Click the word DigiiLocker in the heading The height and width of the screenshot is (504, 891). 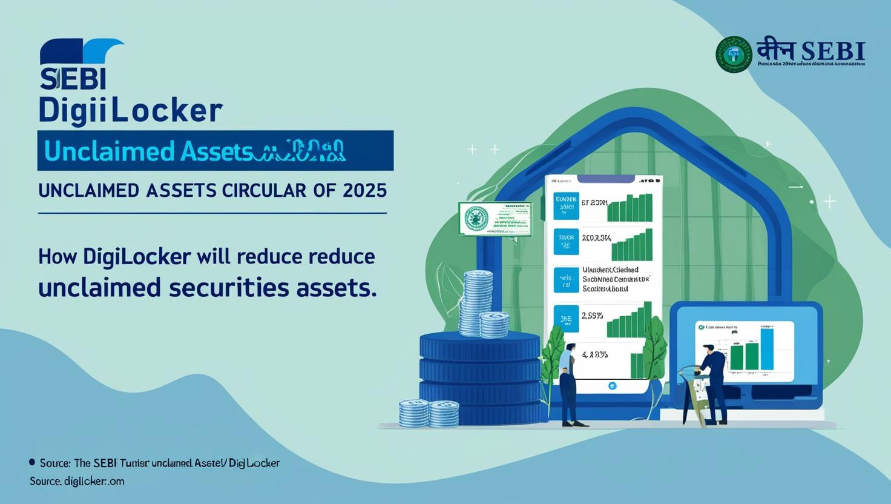tap(130, 111)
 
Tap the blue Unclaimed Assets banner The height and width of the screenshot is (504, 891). tap(215, 150)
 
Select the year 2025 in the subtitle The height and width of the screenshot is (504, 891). tap(364, 190)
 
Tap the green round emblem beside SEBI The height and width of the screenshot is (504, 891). tap(734, 55)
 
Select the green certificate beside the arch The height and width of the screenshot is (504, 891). tap(495, 219)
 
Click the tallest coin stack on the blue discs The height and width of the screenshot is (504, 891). tap(474, 303)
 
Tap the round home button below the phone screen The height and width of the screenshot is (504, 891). tap(612, 385)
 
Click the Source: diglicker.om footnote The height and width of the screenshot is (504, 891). tap(77, 481)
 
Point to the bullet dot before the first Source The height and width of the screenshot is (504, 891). tap(31, 462)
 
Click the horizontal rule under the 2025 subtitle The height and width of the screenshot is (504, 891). tap(212, 213)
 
